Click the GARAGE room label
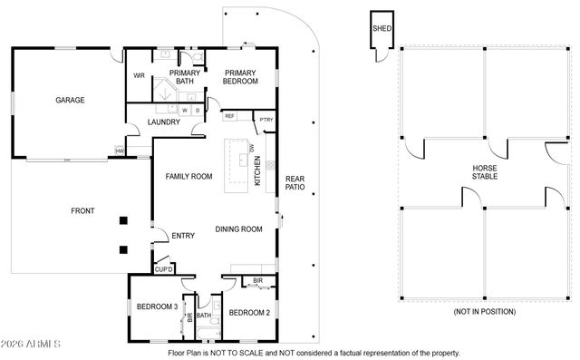tap(70, 101)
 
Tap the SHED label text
tap(381, 28)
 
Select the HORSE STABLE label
tap(485, 173)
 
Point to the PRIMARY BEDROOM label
tap(241, 77)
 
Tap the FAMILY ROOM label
tap(188, 176)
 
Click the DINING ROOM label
tap(238, 229)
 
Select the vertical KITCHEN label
tap(257, 170)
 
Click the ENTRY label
tap(183, 237)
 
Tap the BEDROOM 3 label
tap(157, 306)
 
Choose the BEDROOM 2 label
tap(249, 312)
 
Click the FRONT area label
tap(82, 210)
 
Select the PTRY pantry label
tap(266, 120)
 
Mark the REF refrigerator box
tap(229, 116)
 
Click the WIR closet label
tap(140, 75)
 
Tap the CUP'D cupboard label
tap(163, 268)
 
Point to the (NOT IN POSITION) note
tap(484, 312)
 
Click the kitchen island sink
tap(243, 161)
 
